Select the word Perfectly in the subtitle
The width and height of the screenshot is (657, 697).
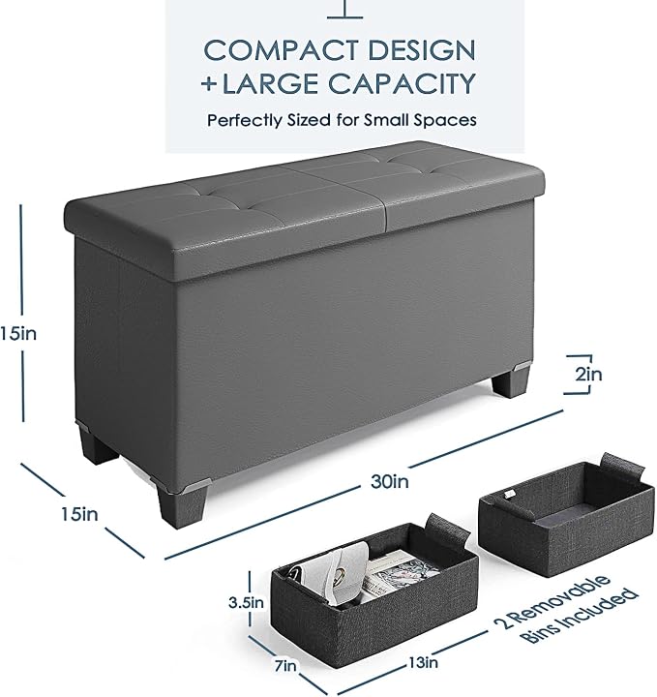(x=245, y=120)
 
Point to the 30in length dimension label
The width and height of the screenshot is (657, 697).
(x=389, y=481)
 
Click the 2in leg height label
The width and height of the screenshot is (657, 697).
(x=588, y=375)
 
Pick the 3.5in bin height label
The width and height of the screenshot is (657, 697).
(x=245, y=603)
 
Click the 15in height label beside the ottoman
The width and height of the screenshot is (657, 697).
(x=17, y=333)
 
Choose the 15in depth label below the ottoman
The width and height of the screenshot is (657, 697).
(x=79, y=514)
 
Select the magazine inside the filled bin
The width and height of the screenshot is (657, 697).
(x=391, y=573)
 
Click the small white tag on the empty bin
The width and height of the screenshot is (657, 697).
(x=510, y=495)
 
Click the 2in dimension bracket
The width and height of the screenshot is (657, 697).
(x=590, y=375)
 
